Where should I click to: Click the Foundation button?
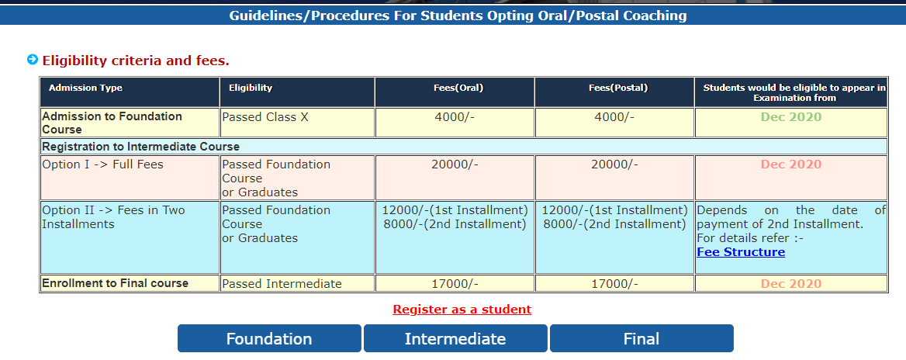(269, 339)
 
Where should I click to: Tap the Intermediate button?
(455, 339)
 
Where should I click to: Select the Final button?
(641, 339)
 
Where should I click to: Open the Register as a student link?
(462, 310)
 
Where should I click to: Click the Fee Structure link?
(741, 252)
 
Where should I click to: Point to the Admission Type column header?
(86, 88)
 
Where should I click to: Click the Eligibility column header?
(251, 88)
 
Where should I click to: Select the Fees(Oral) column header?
(455, 88)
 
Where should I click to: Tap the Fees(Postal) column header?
(614, 88)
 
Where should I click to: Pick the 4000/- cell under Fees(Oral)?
(455, 117)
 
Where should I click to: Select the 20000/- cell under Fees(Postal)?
(614, 164)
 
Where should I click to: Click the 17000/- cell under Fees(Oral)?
(455, 284)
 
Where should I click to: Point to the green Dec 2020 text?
(790, 117)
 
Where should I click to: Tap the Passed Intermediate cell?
(282, 284)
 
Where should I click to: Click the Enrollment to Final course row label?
(116, 283)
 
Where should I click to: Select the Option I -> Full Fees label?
(103, 164)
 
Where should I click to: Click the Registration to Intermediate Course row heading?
(141, 147)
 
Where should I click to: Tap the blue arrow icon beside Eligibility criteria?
(33, 60)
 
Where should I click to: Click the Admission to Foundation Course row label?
(112, 123)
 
